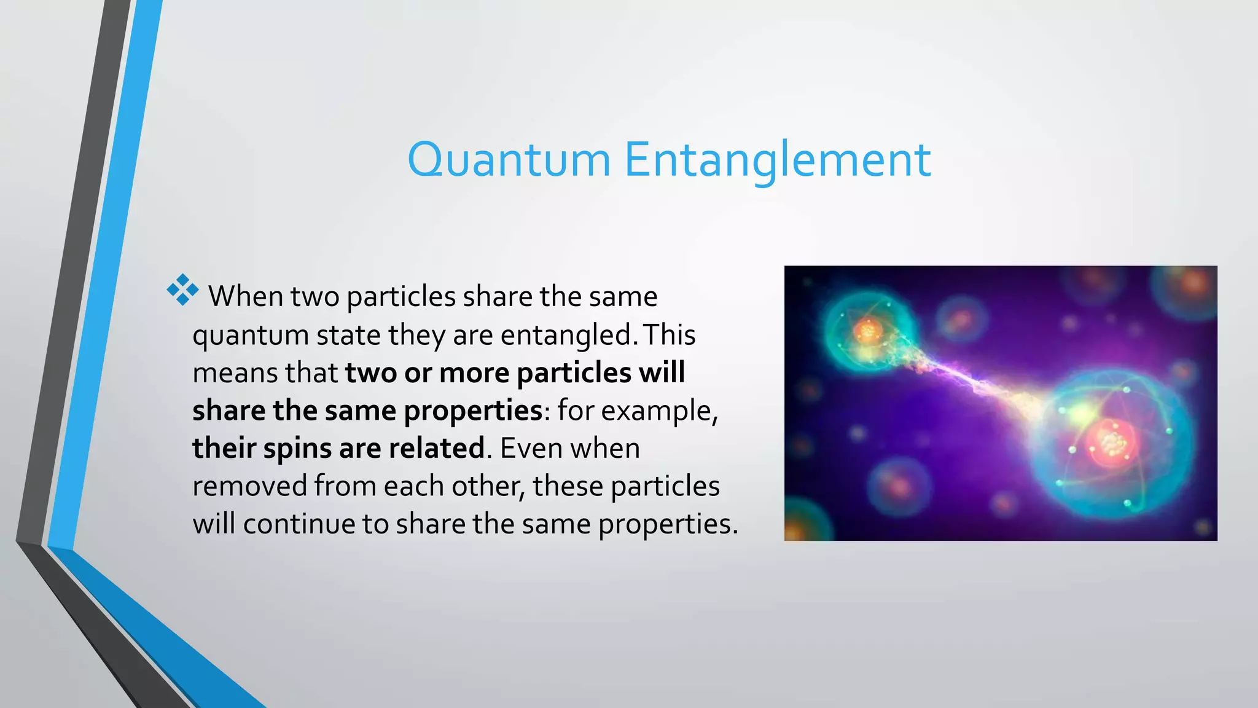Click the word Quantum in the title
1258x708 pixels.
coord(509,160)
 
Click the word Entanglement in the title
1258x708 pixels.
coord(778,160)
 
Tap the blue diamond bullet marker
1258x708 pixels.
coord(182,290)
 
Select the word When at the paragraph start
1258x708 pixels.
coord(246,297)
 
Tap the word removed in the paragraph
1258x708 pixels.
coord(249,487)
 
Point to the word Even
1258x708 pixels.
coord(530,449)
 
